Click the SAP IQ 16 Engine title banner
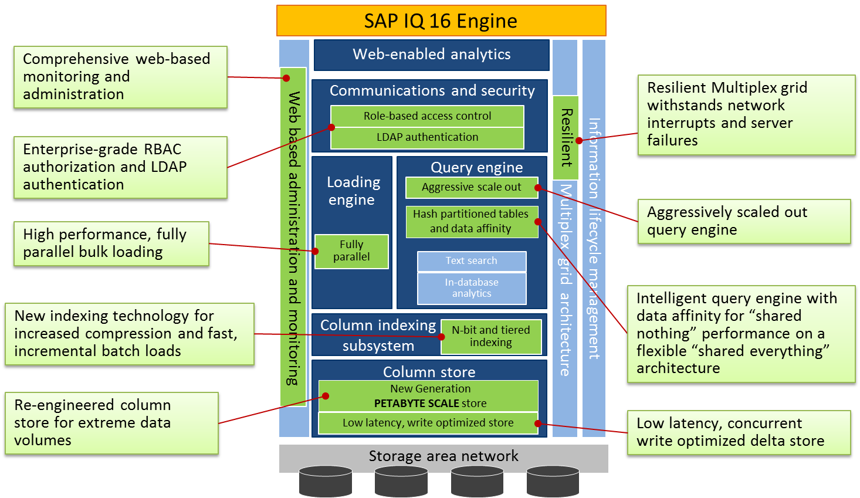click(x=441, y=21)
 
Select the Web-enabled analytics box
click(x=432, y=55)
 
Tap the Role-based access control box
click(x=427, y=116)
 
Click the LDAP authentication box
click(x=427, y=137)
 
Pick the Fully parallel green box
click(x=351, y=251)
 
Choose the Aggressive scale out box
click(x=471, y=187)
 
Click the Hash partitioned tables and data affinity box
click(x=471, y=221)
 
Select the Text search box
click(x=471, y=261)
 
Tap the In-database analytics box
click(x=471, y=288)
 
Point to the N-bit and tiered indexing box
click(x=491, y=337)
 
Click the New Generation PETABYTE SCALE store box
click(x=428, y=396)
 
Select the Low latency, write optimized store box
click(x=428, y=423)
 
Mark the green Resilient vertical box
click(x=566, y=137)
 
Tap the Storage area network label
click(x=443, y=456)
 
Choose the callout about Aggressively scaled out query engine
click(x=744, y=221)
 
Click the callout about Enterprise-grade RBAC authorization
click(x=120, y=167)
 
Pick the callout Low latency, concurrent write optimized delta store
click(x=738, y=432)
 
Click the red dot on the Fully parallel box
click(x=315, y=251)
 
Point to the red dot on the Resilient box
click(x=579, y=140)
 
